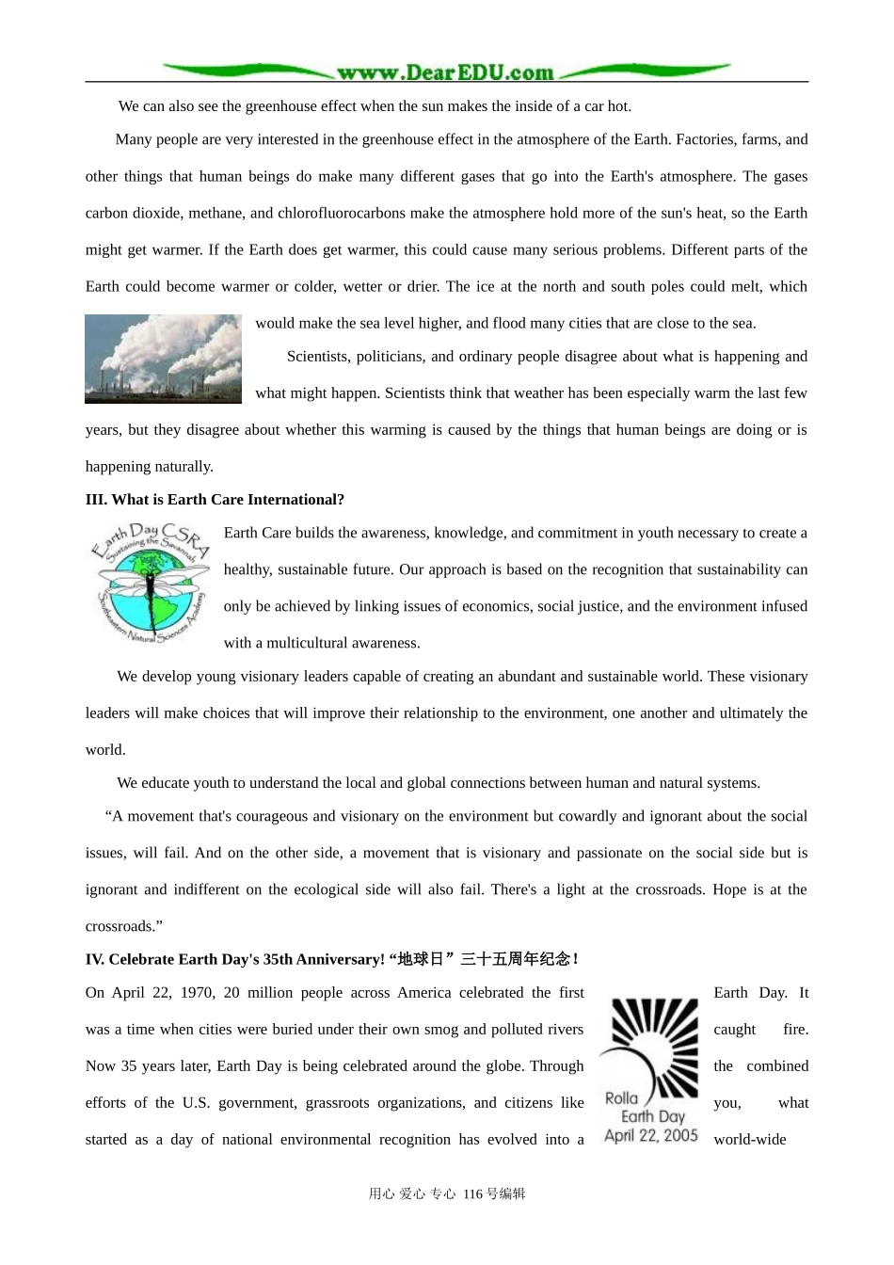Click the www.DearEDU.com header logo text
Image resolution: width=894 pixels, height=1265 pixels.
point(445,72)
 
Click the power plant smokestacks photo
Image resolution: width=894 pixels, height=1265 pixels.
point(163,359)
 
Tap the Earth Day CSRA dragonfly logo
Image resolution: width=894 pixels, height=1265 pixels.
point(151,584)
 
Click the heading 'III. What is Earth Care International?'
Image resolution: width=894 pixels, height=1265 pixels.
point(215,500)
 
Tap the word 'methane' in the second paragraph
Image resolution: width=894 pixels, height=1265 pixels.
point(216,213)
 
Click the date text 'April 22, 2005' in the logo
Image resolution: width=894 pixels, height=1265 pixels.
point(651,1135)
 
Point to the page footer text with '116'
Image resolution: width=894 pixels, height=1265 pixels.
point(447,1193)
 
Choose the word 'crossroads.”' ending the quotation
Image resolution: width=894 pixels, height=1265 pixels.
point(124,926)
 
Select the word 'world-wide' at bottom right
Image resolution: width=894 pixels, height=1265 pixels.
point(749,1140)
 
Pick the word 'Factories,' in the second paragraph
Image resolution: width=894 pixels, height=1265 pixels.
point(706,139)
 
